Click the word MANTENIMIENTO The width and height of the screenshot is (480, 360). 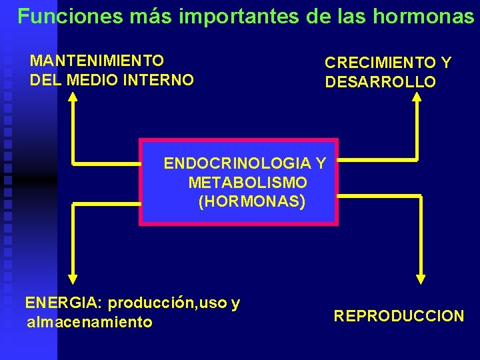click(97, 61)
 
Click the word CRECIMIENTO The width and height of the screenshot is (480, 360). click(379, 63)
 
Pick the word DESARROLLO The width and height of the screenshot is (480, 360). click(380, 83)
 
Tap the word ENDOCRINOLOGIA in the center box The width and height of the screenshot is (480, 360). click(237, 163)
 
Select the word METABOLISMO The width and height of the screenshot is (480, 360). click(247, 183)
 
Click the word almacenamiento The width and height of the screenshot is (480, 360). click(89, 323)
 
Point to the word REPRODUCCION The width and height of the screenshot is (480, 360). click(399, 316)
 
